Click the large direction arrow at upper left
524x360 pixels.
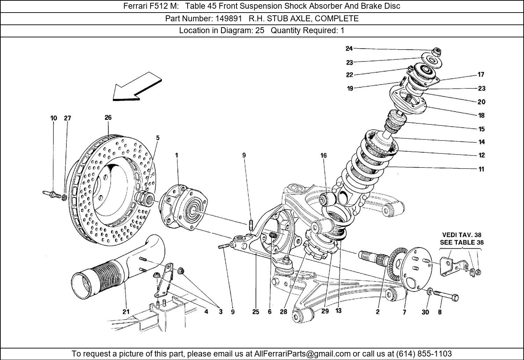[137, 87]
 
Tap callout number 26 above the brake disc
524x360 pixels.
[108, 118]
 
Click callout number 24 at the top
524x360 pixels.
[349, 49]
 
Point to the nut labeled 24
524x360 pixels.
[436, 52]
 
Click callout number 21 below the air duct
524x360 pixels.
[126, 312]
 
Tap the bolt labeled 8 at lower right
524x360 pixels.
[446, 295]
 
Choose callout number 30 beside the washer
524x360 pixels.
[425, 312]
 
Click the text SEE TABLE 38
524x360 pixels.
[461, 242]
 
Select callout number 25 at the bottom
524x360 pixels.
[256, 312]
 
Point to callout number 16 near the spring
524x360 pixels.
[323, 155]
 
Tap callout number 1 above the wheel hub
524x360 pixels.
[177, 155]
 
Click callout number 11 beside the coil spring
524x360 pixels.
[481, 169]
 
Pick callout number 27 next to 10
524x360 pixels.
[67, 118]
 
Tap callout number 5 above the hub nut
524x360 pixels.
[158, 138]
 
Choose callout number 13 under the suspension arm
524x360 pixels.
[338, 310]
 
